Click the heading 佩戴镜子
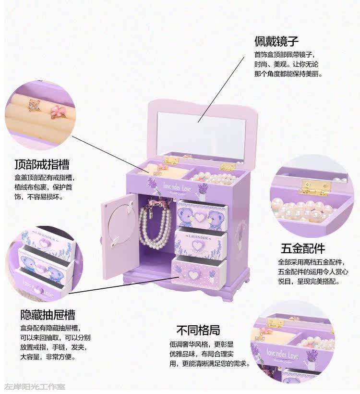[276, 41]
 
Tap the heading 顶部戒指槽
[42, 164]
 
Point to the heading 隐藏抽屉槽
[48, 315]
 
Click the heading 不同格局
[198, 330]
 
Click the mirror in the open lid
[201, 132]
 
